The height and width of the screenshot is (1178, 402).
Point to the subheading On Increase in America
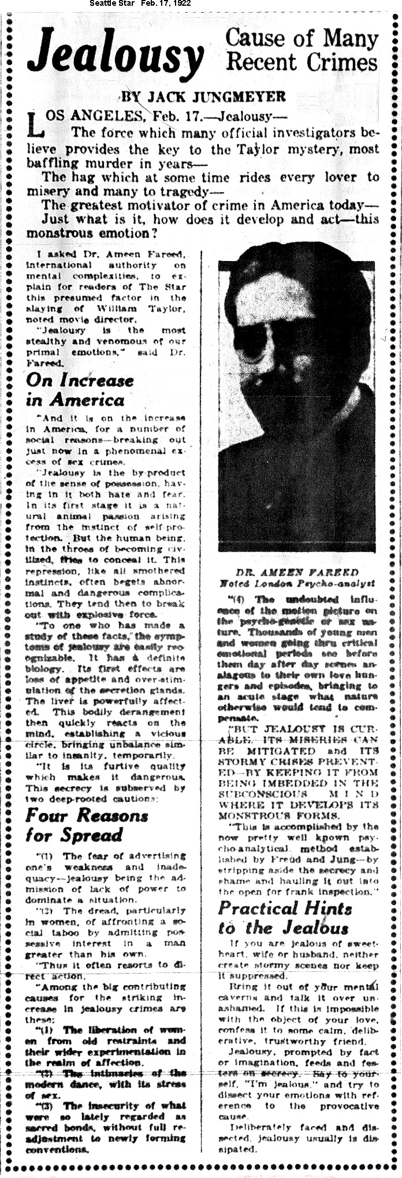(x=79, y=390)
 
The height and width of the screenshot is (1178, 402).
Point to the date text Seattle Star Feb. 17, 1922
(x=140, y=4)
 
